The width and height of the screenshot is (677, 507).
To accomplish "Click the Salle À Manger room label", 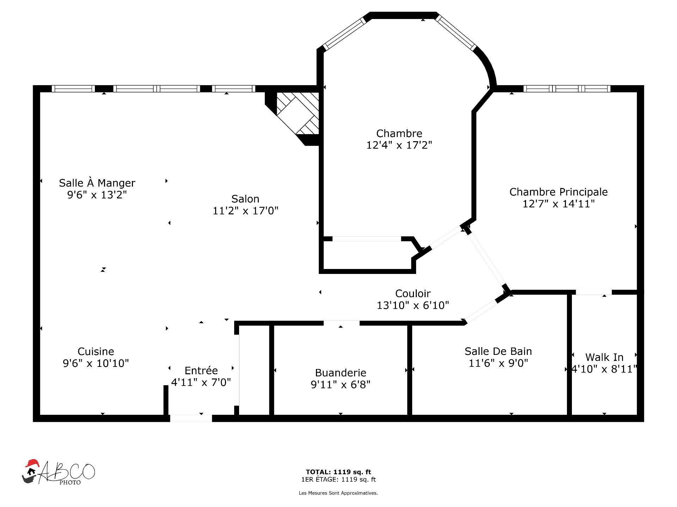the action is tap(97, 183).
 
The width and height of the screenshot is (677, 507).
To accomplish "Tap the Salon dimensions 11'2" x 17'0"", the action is tap(245, 211).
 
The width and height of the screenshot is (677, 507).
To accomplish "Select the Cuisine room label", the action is tap(96, 351).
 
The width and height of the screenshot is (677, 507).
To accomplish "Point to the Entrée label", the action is tap(201, 370).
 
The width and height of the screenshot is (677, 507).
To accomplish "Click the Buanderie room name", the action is tap(341, 373).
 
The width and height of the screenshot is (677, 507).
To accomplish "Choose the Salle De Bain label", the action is tap(498, 351).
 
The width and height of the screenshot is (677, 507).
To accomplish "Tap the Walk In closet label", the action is tap(604, 357).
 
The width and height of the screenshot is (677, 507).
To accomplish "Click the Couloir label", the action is tap(413, 293).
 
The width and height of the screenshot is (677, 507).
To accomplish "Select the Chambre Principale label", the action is tap(559, 192).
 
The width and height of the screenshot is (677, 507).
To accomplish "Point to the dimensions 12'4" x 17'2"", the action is tap(399, 145).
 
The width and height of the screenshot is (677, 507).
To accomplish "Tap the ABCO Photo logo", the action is tap(59, 472).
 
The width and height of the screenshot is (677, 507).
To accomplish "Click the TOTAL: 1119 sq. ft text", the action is tap(338, 472).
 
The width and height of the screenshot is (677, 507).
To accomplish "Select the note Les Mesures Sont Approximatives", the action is tap(338, 493).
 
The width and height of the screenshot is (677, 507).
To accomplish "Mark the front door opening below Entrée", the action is tap(191, 418).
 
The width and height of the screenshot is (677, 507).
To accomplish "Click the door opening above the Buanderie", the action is tap(342, 323).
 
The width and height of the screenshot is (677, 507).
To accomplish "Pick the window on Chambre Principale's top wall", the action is tap(567, 88).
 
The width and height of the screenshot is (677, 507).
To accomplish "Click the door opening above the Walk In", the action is tap(594, 292).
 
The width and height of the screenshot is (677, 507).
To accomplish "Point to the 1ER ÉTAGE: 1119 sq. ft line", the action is tap(338, 479).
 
